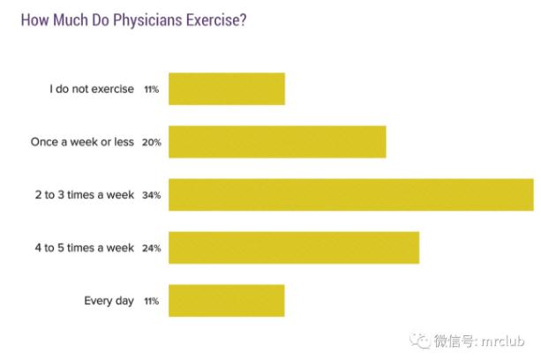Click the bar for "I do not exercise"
pos(226,89)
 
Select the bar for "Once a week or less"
pos(276,142)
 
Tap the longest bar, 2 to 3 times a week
pos(350,195)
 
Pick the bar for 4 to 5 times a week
pos(293,248)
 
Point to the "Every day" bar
pos(226,301)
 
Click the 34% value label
pos(151,195)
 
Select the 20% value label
pos(151,142)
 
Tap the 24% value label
pos(151,248)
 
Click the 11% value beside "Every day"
pos(151,301)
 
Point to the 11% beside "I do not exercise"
pos(151,89)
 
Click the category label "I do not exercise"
pos(92,89)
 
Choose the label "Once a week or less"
pos(81,142)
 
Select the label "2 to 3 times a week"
pos(80,195)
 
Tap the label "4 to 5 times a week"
pos(80,248)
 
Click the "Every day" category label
pos(109,301)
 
